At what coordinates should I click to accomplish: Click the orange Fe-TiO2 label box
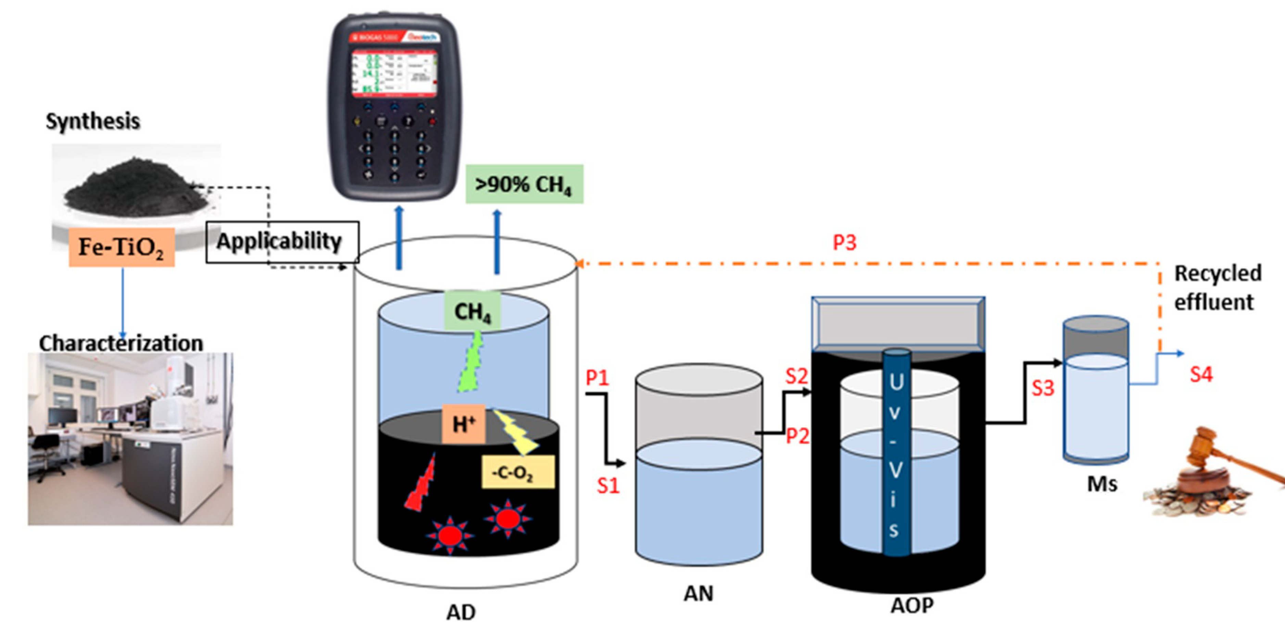(x=122, y=247)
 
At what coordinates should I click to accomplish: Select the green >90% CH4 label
(x=524, y=184)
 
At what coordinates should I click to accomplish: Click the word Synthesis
(x=93, y=121)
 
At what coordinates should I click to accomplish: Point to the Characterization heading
(x=121, y=343)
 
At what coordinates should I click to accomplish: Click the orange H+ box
(x=463, y=424)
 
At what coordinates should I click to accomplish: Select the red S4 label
(x=1201, y=374)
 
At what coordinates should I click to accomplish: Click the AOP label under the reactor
(x=912, y=605)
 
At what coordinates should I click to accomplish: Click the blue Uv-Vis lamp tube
(x=896, y=454)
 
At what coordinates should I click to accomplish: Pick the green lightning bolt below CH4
(x=471, y=364)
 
